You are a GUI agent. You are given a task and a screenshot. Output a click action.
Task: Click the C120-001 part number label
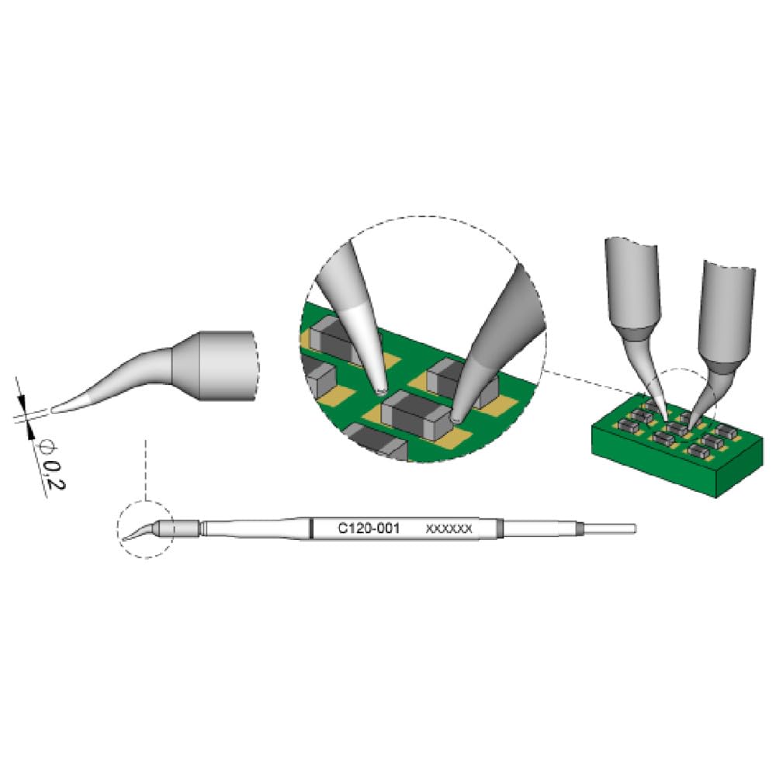368,528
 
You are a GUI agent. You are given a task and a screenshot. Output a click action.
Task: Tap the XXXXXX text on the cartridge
449,529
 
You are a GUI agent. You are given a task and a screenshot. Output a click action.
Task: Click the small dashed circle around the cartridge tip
146,529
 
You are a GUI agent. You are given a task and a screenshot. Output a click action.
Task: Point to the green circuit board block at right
677,445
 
